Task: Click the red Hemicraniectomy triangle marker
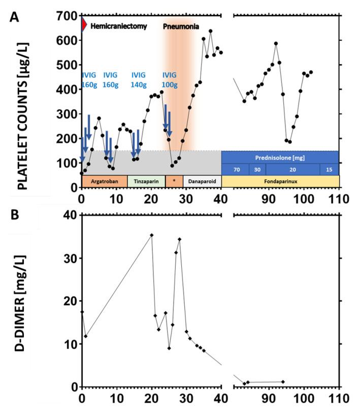pos(84,24)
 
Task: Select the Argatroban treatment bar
pos(104,181)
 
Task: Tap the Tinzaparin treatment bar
pos(146,181)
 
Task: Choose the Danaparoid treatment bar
pos(202,181)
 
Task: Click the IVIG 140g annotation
pos(142,80)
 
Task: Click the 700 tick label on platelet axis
pos(68,16)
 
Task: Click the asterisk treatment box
pos(174,181)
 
